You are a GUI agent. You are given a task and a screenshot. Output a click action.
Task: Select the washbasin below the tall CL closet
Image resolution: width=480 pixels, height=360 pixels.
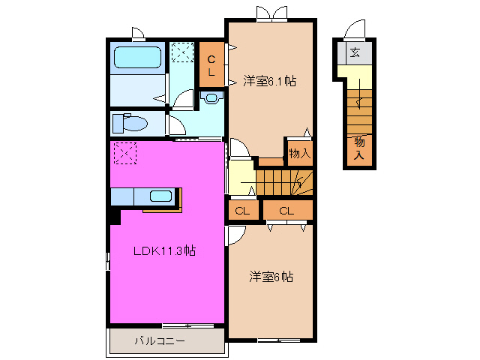pos(211,97)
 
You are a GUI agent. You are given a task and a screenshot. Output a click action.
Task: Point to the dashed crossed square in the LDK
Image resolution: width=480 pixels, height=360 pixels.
pos(124,154)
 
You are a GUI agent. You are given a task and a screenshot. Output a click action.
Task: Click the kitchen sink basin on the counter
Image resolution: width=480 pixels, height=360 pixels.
pos(160,196)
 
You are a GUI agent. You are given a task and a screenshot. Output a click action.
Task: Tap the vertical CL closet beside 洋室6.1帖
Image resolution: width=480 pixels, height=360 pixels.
pos(211,65)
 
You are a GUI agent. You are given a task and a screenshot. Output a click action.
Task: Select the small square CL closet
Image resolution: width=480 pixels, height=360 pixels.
pos(242,211)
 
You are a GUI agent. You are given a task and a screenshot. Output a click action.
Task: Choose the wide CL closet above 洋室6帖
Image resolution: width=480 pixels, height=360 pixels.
pos(286,211)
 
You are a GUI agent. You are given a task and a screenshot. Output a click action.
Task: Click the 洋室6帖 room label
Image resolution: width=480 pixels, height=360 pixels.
pos(271,277)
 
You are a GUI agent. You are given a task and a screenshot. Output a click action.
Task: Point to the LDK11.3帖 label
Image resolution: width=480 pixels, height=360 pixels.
pos(164,251)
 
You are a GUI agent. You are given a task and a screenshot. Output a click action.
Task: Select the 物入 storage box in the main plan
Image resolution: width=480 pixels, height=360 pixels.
pos(298,152)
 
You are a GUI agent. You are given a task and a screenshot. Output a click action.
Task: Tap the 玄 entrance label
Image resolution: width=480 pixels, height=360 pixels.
pos(355,53)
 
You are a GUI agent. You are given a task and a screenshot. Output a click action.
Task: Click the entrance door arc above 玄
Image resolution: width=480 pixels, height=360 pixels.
pos(355,29)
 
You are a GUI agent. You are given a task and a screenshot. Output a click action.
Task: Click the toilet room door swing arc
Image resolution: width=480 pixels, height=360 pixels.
pos(172,124)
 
